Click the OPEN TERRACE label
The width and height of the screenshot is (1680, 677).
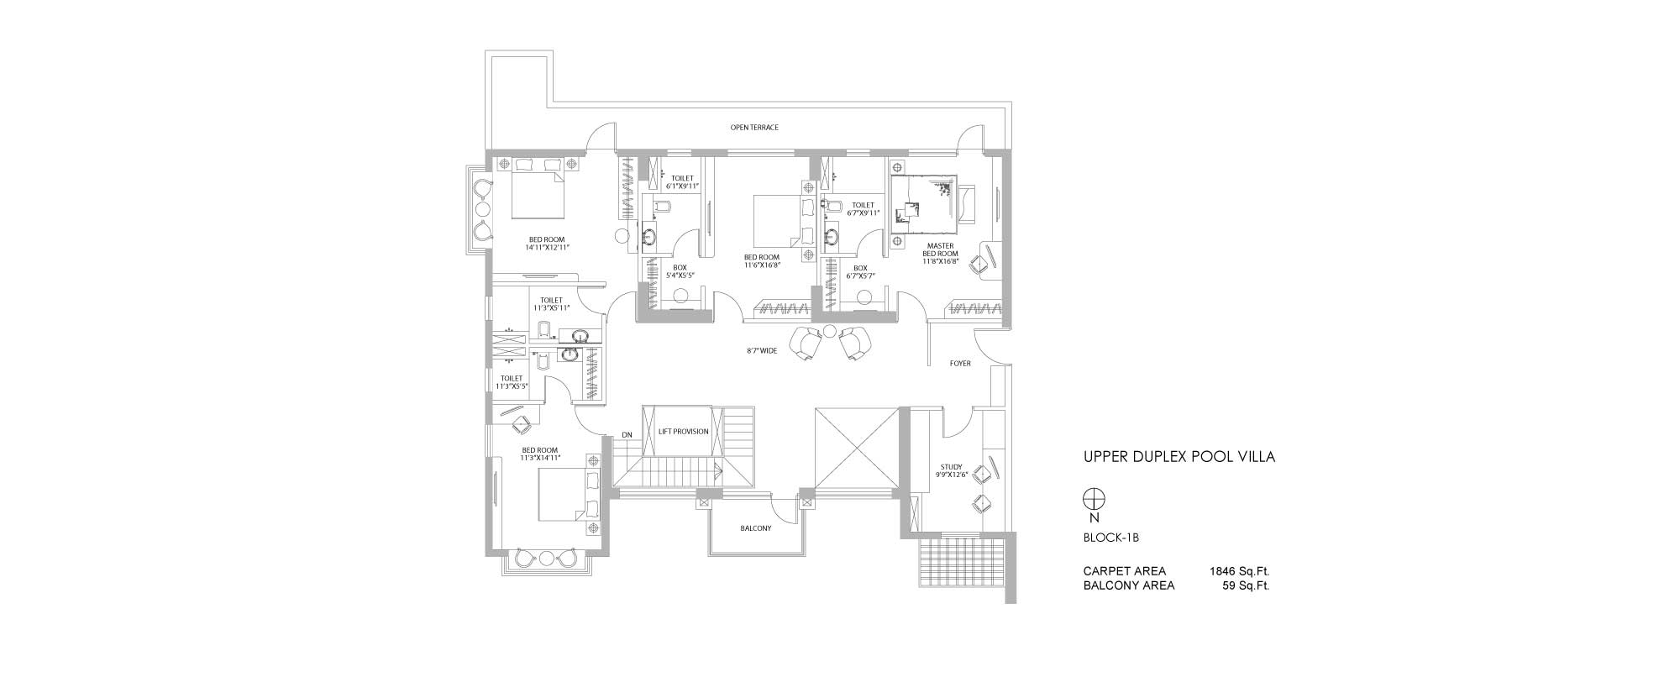tap(754, 128)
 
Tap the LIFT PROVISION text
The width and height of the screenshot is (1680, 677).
tap(684, 432)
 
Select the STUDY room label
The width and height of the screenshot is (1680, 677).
tap(952, 470)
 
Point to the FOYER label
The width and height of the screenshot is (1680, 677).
tap(960, 364)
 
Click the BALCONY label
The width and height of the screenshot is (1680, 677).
tap(756, 528)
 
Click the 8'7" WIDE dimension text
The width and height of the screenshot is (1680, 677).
tap(762, 351)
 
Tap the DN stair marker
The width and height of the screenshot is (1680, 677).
tap(627, 434)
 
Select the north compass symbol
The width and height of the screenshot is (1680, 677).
tap(1094, 499)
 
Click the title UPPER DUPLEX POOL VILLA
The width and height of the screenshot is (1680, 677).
tap(1179, 458)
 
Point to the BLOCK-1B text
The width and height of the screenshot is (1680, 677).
tap(1110, 538)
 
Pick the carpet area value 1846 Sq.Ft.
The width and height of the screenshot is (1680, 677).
tap(1239, 571)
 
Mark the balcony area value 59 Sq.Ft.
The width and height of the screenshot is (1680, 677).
tap(1246, 585)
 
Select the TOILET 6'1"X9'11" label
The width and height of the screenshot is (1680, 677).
tap(682, 181)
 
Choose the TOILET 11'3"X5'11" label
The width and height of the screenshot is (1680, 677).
tap(551, 303)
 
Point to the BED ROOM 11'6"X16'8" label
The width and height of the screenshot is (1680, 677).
tap(762, 260)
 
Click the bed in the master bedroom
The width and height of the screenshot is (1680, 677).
tap(926, 204)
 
